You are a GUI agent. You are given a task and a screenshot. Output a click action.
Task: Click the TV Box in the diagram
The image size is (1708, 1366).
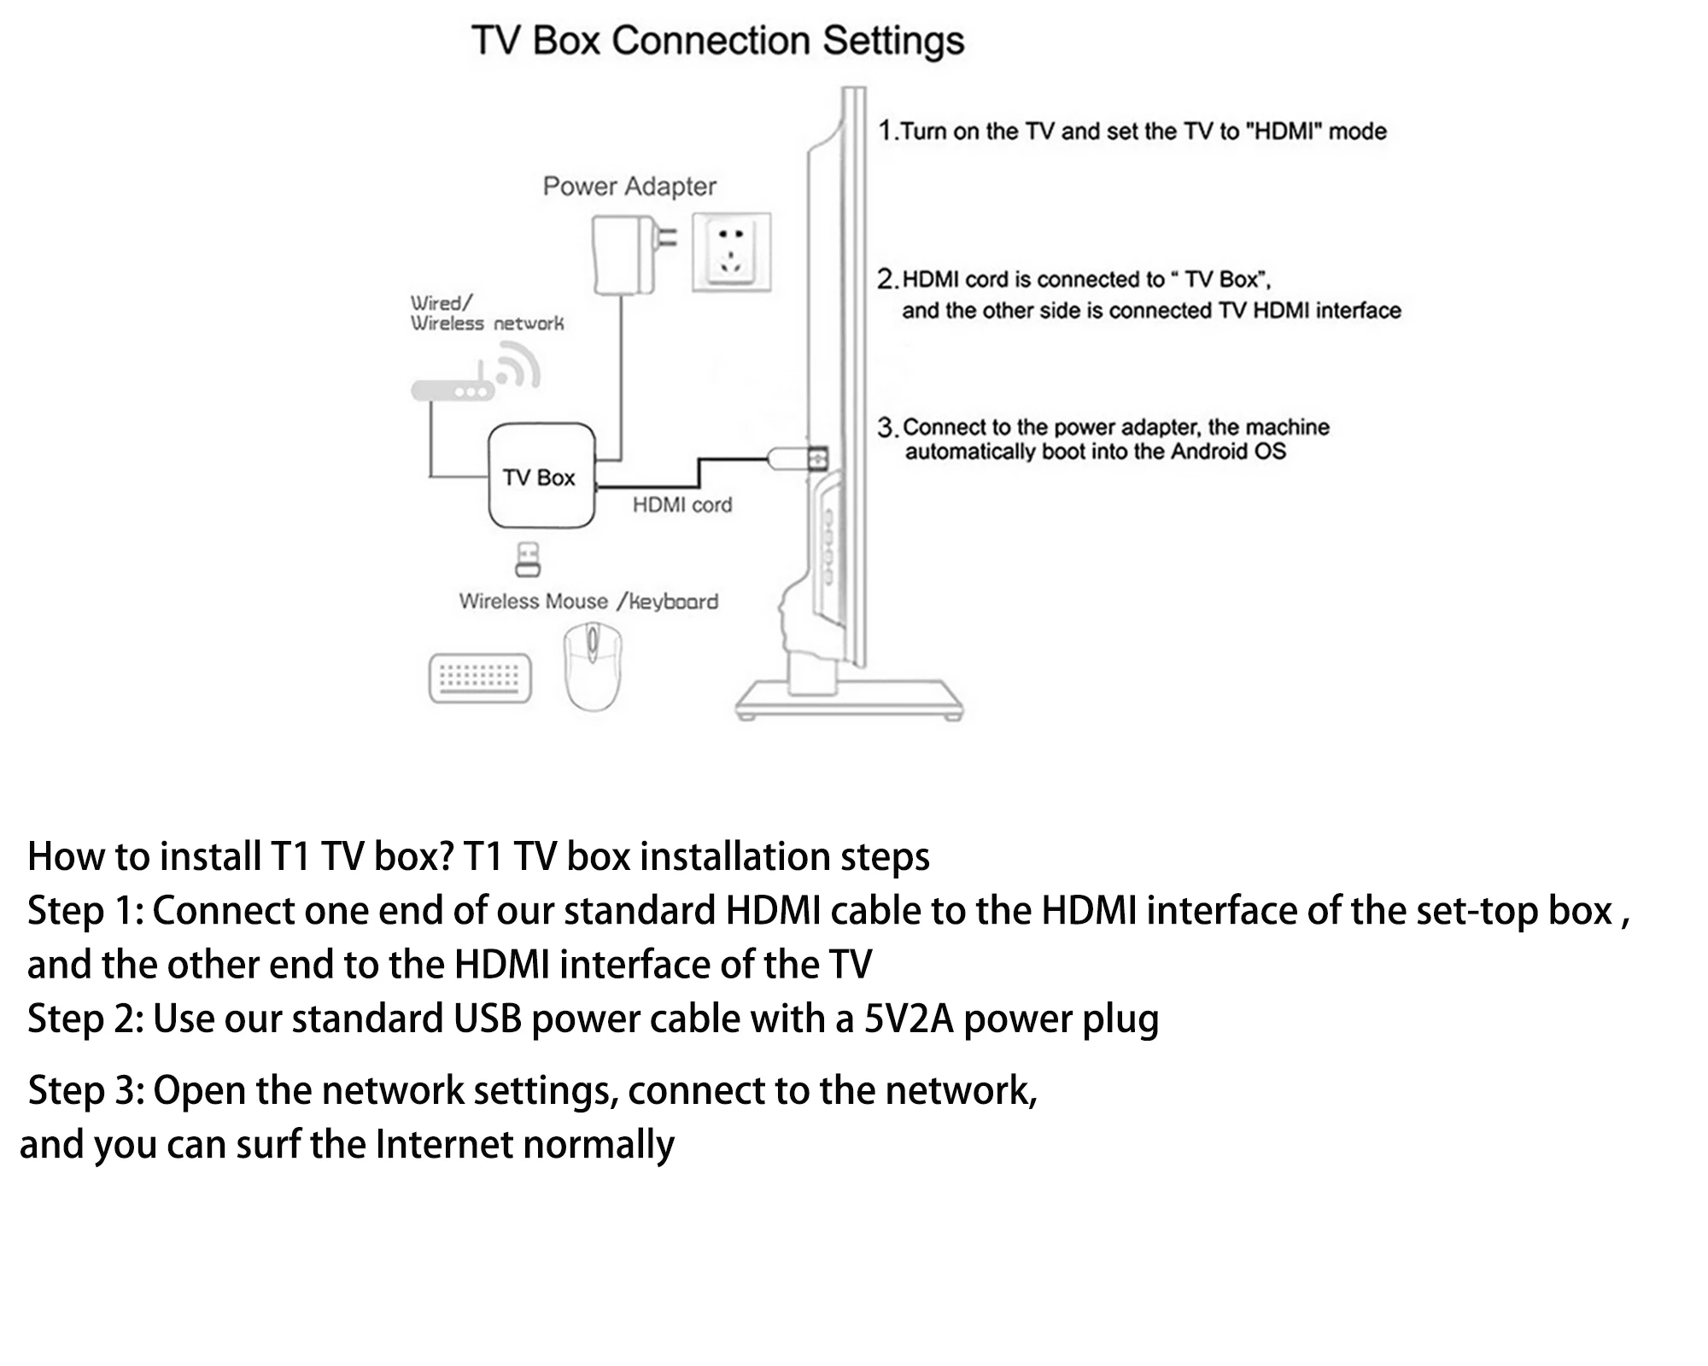(x=541, y=476)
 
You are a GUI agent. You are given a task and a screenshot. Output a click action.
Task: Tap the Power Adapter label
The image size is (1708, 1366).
(x=629, y=186)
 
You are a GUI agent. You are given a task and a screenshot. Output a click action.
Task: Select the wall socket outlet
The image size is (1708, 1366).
(x=731, y=253)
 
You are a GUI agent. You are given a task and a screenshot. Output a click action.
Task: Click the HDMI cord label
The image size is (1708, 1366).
(x=681, y=505)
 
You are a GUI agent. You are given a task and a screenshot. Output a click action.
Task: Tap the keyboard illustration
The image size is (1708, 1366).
(x=479, y=678)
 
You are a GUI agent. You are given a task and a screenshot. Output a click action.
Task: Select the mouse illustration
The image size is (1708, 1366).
(x=593, y=666)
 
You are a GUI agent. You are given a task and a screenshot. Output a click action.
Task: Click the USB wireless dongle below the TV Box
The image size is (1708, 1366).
(x=528, y=559)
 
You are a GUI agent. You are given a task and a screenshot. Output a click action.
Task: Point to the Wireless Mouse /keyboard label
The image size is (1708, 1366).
(x=588, y=602)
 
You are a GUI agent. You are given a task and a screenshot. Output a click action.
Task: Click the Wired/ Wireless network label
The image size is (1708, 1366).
(x=486, y=313)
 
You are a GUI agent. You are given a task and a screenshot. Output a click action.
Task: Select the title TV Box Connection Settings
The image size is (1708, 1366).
(x=717, y=41)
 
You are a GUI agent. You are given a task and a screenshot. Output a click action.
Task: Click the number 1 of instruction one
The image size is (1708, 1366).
(x=886, y=131)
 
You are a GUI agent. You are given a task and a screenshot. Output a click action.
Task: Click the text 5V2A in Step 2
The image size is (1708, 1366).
(x=908, y=1019)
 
